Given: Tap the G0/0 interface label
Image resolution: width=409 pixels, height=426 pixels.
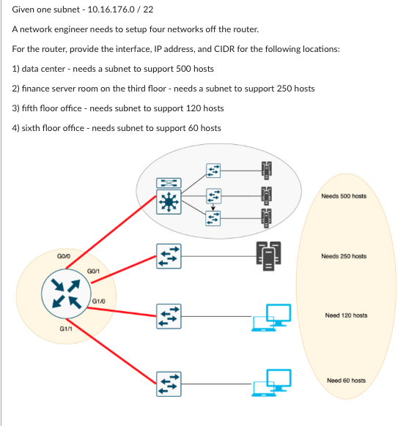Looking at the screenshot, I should click(64, 256).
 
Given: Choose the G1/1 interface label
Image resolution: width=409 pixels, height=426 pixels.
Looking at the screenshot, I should click(65, 329).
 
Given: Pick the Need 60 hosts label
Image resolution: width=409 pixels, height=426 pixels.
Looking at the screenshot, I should click(346, 381).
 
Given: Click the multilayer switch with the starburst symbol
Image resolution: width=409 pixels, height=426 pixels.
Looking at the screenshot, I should click(170, 201).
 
